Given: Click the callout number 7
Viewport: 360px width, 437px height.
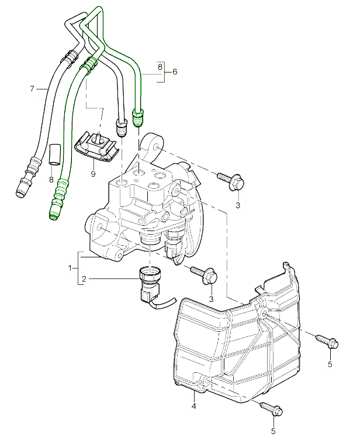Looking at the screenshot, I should [33, 89].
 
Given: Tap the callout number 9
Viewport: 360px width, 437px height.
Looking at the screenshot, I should [92, 173].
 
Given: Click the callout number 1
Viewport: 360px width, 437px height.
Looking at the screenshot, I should [70, 267].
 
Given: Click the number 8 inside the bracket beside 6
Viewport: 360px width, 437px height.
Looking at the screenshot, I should [160, 67].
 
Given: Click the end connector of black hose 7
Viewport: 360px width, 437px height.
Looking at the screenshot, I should [24, 183].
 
